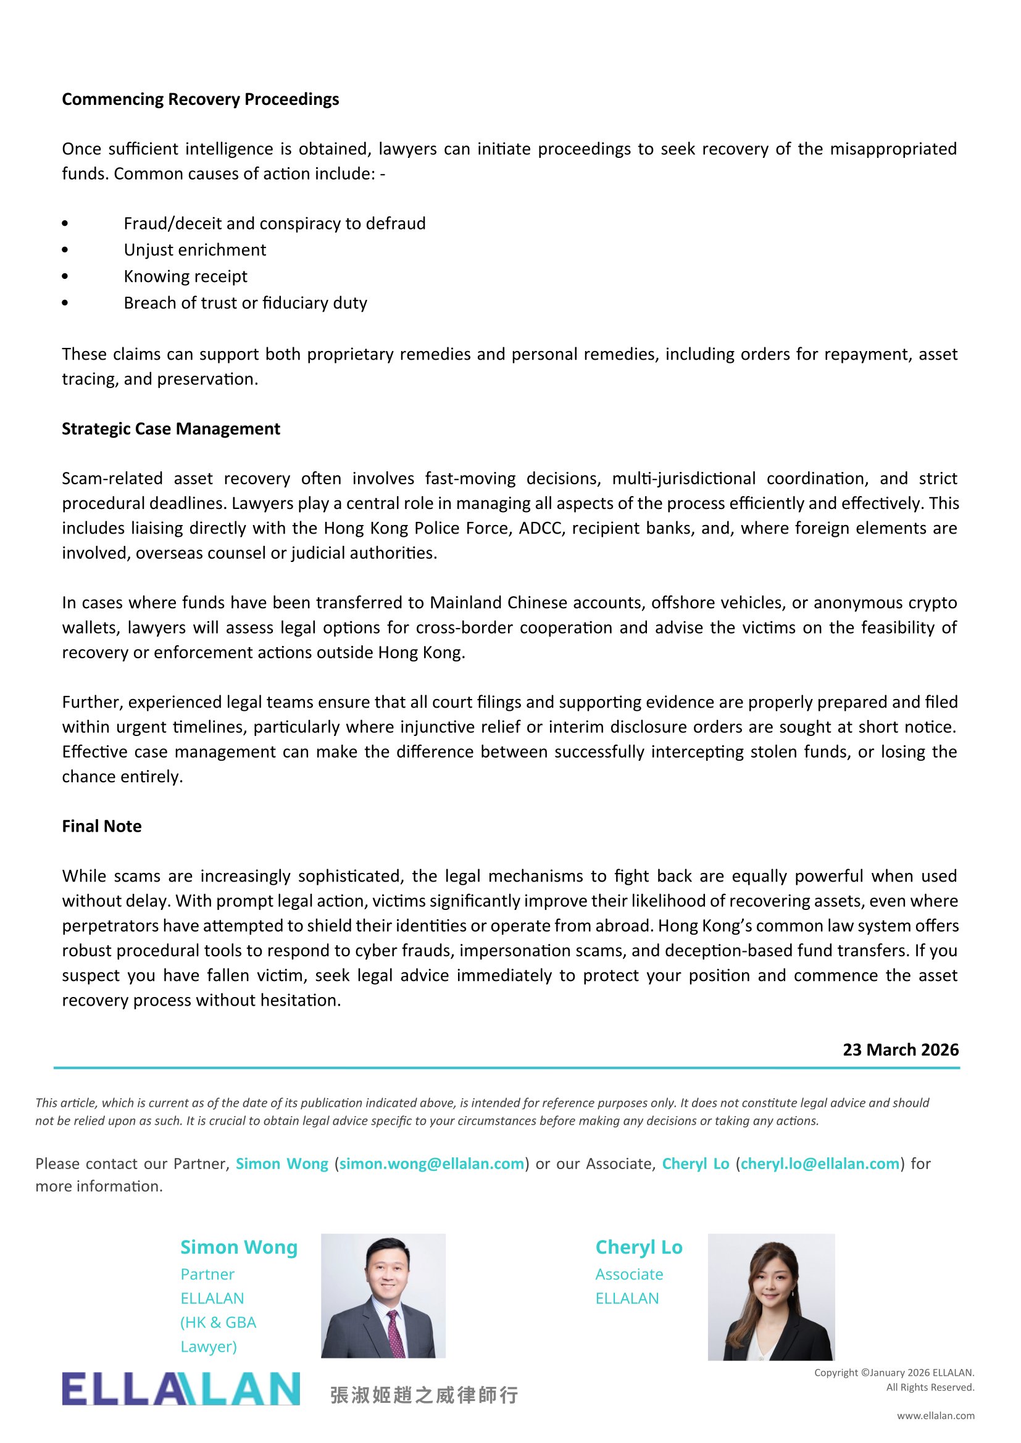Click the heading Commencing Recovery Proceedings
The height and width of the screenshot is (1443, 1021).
(200, 99)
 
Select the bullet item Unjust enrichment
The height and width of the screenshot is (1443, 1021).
(194, 250)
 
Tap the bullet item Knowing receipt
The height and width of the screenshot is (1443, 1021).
(185, 276)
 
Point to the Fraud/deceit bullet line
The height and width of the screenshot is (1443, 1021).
(274, 224)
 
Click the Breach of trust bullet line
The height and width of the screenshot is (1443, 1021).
(245, 303)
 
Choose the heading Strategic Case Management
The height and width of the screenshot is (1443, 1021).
(170, 429)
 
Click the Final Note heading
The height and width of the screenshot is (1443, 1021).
(101, 826)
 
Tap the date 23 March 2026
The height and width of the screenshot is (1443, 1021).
(900, 1049)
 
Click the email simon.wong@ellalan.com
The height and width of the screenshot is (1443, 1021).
(431, 1164)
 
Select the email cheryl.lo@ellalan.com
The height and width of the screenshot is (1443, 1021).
(820, 1164)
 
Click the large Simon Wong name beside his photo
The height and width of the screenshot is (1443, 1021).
(239, 1247)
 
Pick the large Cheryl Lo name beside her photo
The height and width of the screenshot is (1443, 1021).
(639, 1247)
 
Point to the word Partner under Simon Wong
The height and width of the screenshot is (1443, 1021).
(207, 1274)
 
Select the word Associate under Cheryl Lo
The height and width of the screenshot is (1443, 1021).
(629, 1274)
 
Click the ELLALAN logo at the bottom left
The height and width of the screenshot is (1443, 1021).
(181, 1389)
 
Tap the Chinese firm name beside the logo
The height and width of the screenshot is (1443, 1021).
(424, 1395)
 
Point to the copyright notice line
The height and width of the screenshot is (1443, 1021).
(894, 1373)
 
